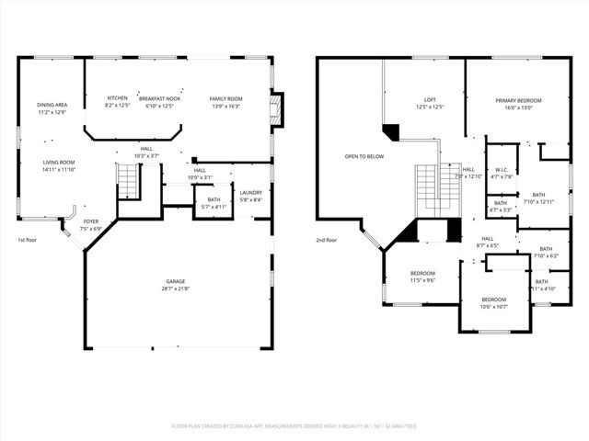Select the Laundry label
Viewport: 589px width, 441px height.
(x=250, y=192)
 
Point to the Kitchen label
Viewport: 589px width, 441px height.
(x=117, y=98)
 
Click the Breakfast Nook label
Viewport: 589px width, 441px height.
(x=159, y=98)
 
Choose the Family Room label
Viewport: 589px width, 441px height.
(x=225, y=98)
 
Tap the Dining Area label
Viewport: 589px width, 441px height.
(x=52, y=105)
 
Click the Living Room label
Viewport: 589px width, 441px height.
(x=58, y=162)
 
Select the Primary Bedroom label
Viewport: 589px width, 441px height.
(x=518, y=100)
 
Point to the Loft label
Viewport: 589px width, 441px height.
(x=430, y=100)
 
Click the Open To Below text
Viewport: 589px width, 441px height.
(x=364, y=156)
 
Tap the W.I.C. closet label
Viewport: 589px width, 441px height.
(x=502, y=169)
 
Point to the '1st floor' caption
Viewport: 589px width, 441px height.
(x=28, y=240)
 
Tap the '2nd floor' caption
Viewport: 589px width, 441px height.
(x=327, y=240)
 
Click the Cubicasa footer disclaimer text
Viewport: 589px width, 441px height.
(x=294, y=426)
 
